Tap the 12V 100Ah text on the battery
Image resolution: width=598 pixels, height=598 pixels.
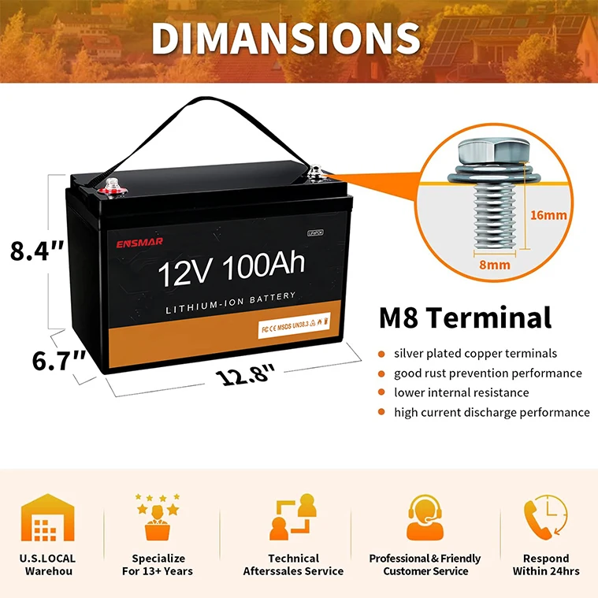click(231, 270)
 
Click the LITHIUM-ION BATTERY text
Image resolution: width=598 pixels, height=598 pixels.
click(231, 296)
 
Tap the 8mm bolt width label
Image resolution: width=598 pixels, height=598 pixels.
click(493, 265)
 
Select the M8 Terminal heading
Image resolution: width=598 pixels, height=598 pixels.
click(465, 318)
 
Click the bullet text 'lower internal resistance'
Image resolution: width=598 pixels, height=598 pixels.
click(462, 392)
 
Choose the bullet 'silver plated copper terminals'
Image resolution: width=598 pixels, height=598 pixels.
click(475, 353)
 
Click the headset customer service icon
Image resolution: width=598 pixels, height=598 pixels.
click(425, 517)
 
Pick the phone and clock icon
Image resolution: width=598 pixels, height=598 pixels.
click(545, 517)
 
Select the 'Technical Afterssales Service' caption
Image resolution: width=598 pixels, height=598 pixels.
click(293, 564)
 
